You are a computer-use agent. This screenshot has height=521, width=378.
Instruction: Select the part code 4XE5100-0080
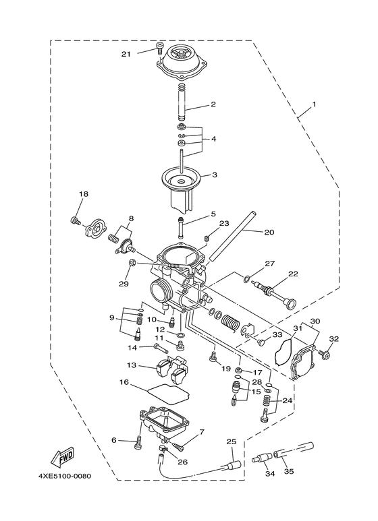(64, 477)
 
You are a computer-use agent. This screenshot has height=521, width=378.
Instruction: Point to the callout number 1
(313, 106)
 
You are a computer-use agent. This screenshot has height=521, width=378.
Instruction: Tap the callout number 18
(84, 195)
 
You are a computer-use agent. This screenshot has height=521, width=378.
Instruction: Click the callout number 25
(231, 441)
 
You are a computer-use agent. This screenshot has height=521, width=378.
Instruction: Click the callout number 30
(315, 321)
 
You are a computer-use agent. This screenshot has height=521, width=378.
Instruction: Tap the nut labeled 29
(134, 262)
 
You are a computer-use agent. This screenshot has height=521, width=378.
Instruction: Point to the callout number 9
(111, 317)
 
